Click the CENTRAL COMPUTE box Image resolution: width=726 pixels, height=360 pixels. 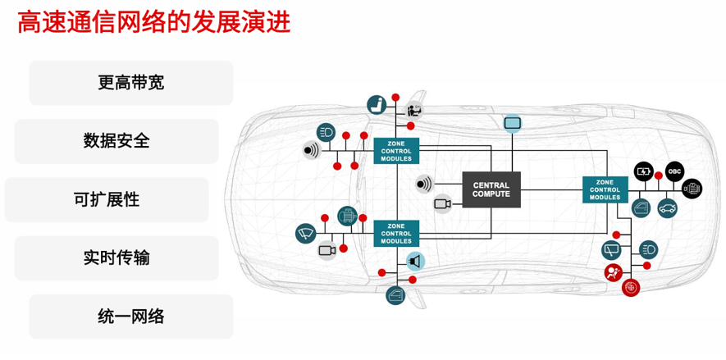click(x=491, y=189)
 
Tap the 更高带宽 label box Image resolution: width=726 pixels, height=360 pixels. click(x=131, y=83)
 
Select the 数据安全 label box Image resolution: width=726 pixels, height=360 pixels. click(x=116, y=140)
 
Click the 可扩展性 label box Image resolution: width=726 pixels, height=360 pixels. click(x=107, y=199)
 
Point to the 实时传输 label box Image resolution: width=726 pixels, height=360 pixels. click(x=116, y=257)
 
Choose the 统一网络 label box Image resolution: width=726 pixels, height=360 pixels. click(x=131, y=317)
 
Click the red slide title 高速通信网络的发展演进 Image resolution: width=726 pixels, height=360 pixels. click(x=154, y=22)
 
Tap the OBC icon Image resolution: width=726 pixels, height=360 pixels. click(x=674, y=171)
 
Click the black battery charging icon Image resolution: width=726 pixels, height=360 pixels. click(x=644, y=171)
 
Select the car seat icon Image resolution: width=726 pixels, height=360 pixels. click(x=377, y=105)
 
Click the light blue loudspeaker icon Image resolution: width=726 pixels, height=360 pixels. click(x=416, y=262)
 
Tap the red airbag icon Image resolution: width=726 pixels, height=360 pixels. click(x=613, y=273)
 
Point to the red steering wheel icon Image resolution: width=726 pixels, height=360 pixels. click(x=630, y=288)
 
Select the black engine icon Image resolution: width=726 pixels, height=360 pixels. click(x=692, y=189)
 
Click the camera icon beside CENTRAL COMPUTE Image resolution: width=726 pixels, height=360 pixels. click(x=443, y=203)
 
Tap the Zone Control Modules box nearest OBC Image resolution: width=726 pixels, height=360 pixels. click(x=605, y=189)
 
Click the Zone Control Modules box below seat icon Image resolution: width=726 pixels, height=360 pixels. click(x=396, y=150)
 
